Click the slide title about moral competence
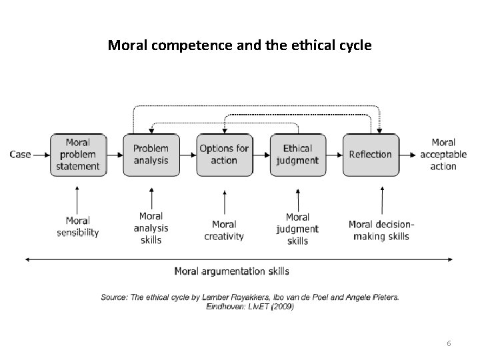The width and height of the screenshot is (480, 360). click(240, 46)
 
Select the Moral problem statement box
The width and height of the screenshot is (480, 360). click(78, 154)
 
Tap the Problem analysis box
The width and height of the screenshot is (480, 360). click(151, 154)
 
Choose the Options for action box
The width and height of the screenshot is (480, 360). click(224, 154)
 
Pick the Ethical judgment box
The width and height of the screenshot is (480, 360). click(297, 154)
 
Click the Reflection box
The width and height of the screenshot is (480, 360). click(371, 154)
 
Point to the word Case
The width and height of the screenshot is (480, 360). click(20, 154)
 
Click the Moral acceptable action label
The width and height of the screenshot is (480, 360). click(443, 154)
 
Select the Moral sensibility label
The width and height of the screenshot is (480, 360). click(78, 227)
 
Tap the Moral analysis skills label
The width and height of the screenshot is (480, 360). click(151, 227)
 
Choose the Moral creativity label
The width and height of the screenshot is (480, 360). click(224, 230)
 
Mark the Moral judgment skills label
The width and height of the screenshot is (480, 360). click(297, 228)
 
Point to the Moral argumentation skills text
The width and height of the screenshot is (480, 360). click(231, 271)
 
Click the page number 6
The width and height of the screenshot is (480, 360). click(449, 343)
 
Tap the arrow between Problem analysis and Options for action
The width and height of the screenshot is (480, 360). click(188, 154)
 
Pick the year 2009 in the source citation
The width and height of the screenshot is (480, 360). click(282, 307)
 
